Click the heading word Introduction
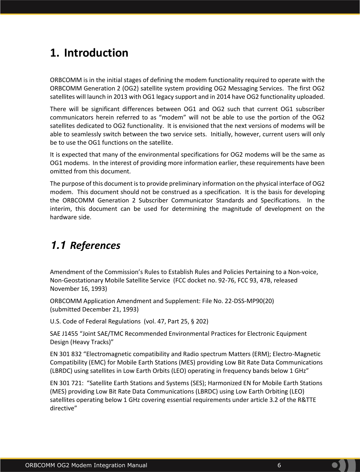click(x=96, y=53)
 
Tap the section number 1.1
click(x=58, y=245)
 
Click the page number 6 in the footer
click(x=279, y=465)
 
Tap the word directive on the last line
click(x=62, y=409)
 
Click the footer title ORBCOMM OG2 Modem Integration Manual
click(x=86, y=465)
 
